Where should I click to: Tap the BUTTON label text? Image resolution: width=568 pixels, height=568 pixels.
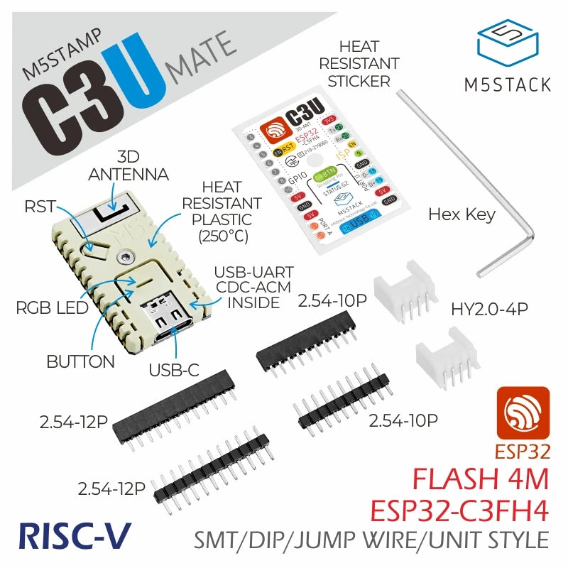(80, 361)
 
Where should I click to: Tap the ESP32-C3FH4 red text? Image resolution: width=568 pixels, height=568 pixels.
(459, 510)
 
